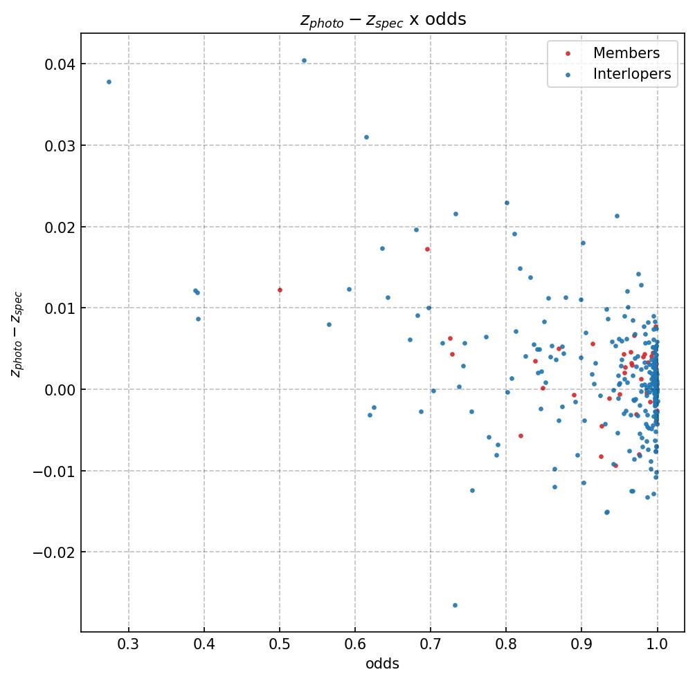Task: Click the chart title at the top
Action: pos(383,19)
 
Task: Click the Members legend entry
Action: pos(626,53)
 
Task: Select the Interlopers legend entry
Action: pos(631,74)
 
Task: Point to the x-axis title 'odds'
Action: pos(383,664)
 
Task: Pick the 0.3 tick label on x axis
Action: pos(129,644)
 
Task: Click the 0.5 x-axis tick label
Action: pos(280,644)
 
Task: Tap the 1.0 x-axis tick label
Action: pos(657,644)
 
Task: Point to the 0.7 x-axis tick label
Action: pos(431,644)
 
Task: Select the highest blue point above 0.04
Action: pos(304,60)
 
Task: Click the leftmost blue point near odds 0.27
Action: pos(109,82)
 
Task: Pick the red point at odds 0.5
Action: pos(280,290)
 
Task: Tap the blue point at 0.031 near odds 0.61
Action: pos(366,137)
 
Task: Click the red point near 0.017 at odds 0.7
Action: pos(427,249)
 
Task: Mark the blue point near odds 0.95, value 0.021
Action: pos(617,216)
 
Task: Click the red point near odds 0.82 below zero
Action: pos(521,436)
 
